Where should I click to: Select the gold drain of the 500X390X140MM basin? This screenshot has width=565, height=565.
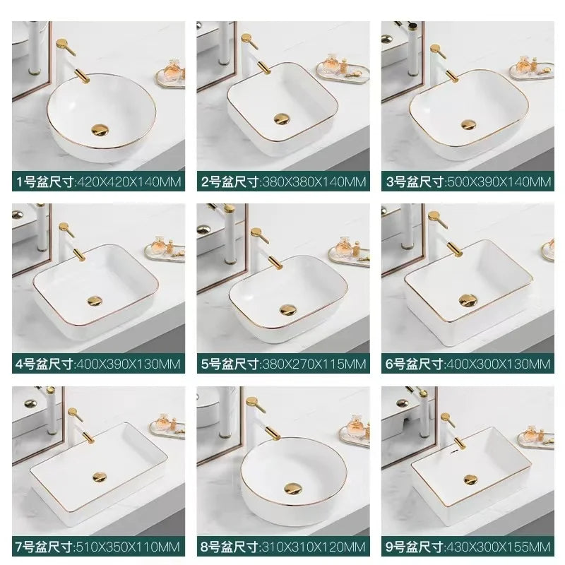click(x=469, y=124)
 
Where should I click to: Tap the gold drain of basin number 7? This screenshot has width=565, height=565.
click(x=97, y=480)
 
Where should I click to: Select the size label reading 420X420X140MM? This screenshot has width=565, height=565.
click(x=98, y=182)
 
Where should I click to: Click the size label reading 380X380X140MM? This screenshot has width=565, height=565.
click(x=282, y=182)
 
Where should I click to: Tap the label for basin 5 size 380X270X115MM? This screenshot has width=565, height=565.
click(x=282, y=364)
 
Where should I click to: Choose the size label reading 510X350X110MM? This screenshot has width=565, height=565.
click(x=98, y=547)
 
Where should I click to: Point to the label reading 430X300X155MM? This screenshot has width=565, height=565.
click(x=467, y=547)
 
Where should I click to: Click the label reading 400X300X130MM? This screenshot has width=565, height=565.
click(x=467, y=364)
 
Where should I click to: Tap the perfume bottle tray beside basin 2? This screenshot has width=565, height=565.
click(x=340, y=70)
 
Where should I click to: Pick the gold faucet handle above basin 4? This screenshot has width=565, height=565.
click(x=64, y=230)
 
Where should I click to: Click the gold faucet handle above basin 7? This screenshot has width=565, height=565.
click(x=70, y=415)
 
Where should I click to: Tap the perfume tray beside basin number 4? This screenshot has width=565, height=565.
click(x=167, y=249)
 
